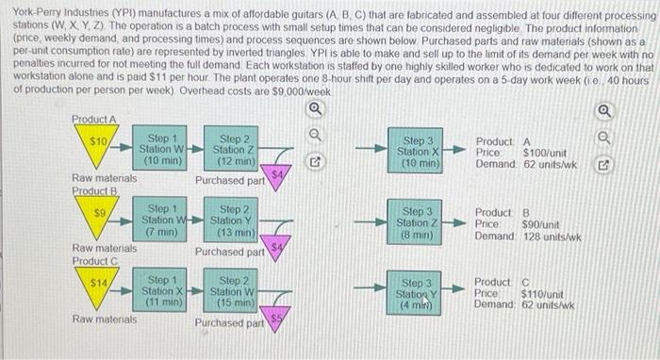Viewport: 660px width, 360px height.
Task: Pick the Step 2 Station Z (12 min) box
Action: [x=235, y=149]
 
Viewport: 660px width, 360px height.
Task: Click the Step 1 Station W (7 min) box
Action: [x=161, y=220]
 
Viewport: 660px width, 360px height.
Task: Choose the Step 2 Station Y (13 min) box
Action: [x=235, y=220]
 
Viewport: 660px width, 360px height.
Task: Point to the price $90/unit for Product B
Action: [x=541, y=222]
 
